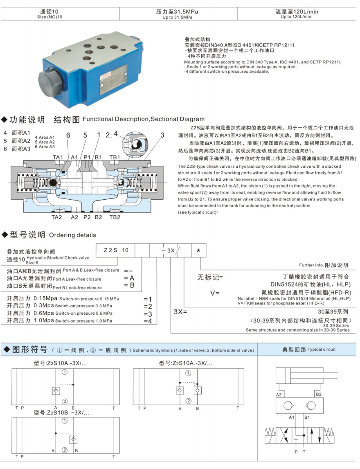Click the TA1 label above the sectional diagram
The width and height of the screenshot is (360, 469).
pos(58,157)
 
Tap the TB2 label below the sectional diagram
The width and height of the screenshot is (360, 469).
pos(114,217)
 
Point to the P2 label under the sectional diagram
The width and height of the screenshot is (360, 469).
pos(87,217)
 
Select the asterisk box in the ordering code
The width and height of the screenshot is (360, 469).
pos(198,250)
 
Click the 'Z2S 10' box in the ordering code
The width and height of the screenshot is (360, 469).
pos(116,250)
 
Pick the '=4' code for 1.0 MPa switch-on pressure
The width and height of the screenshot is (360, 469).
pos(148,321)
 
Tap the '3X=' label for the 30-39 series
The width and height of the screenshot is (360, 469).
pos(180,311)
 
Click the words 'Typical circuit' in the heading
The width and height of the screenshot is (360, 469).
pos(322,349)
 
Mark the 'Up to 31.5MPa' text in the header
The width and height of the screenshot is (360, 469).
pos(177,17)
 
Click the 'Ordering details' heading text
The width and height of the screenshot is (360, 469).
pos(72,235)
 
